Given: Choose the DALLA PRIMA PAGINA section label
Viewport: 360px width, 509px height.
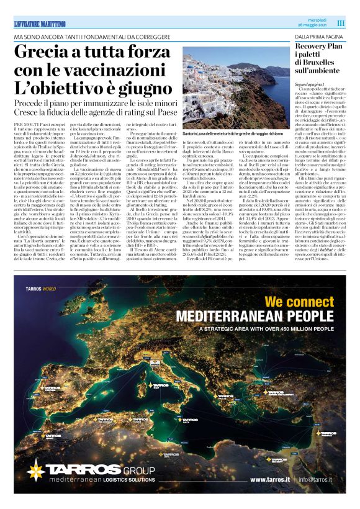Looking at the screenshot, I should [317, 38].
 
